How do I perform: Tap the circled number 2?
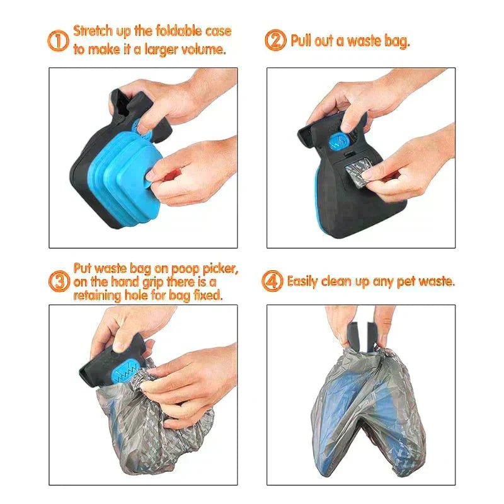275,42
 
